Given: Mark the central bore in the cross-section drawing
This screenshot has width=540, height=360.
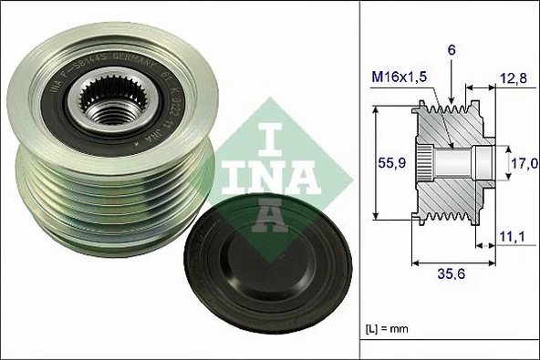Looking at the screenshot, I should pyautogui.click(x=461, y=164).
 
